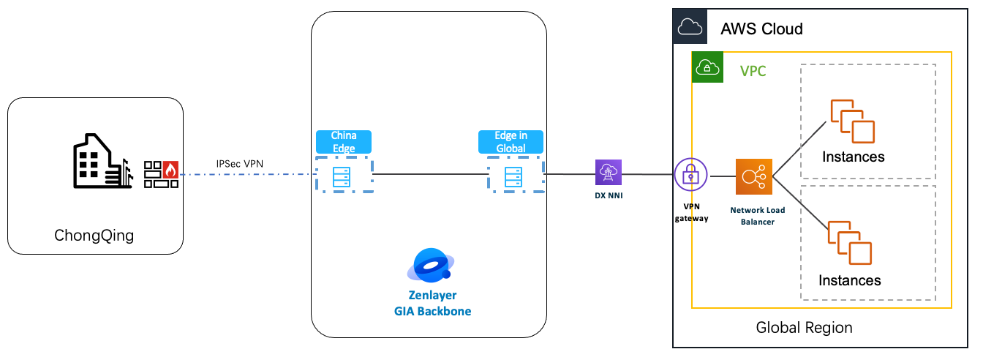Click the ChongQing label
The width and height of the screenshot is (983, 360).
[94, 236]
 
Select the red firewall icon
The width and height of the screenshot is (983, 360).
[161, 175]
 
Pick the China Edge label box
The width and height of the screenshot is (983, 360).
[344, 142]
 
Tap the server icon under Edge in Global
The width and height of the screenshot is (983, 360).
[512, 176]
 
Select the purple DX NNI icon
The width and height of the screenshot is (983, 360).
[608, 173]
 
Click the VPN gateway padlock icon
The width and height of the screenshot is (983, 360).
[690, 175]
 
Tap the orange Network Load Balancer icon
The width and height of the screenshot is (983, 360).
[754, 176]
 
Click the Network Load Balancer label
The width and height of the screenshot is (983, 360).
[757, 216]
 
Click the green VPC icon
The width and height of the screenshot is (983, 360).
[707, 67]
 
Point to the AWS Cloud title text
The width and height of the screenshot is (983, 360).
[761, 29]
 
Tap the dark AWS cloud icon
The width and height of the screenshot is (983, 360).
[690, 27]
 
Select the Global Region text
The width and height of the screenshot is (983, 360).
[804, 327]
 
